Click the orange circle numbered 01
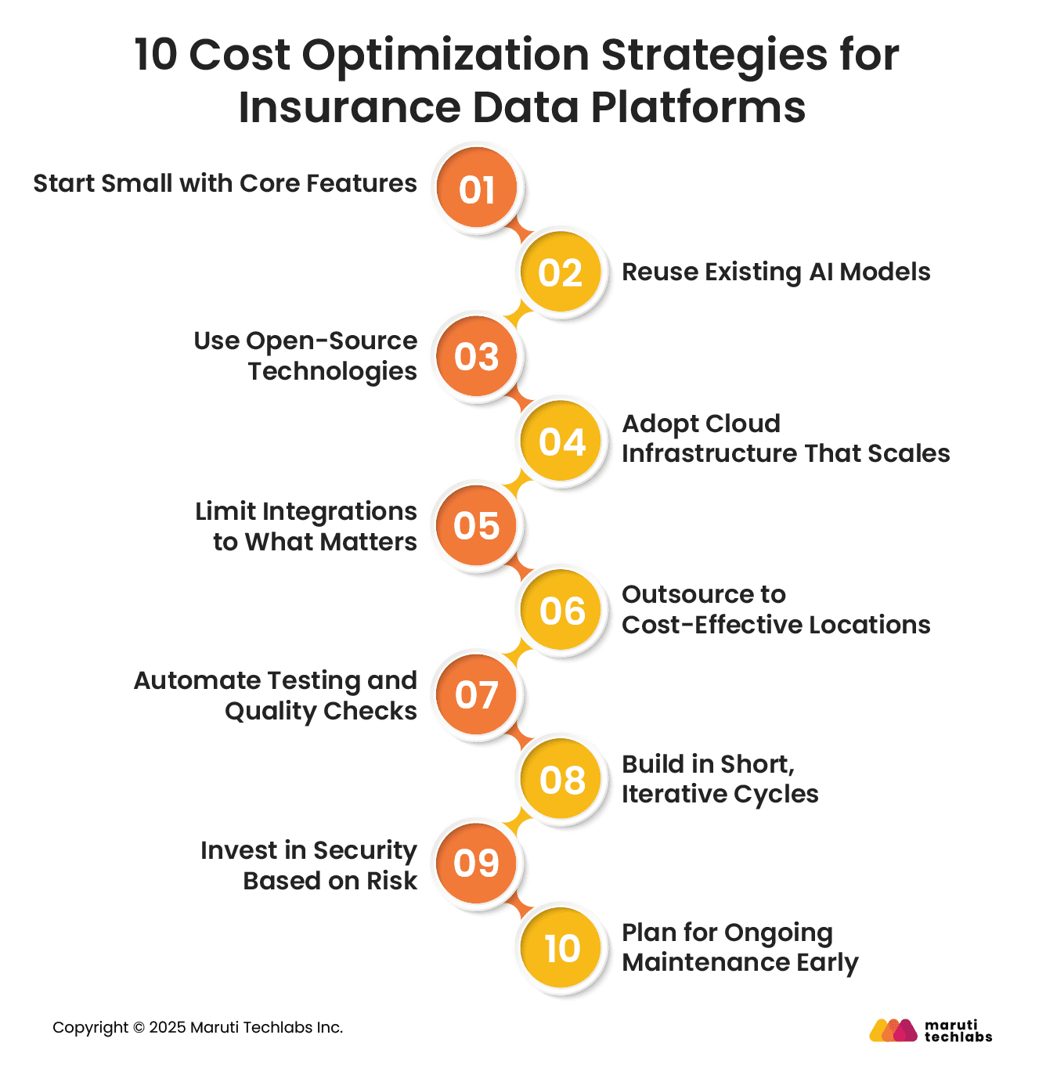[477, 189]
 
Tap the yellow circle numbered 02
[561, 272]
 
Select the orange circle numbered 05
[477, 525]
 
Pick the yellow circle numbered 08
[561, 779]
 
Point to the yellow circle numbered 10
[561, 949]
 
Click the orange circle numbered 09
[477, 864]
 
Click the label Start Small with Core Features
[225, 183]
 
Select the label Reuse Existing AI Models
[776, 272]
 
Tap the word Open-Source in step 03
[331, 341]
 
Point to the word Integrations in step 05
[339, 511]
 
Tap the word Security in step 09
[364, 850]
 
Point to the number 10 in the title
[157, 56]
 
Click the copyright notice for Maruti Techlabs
[197, 1027]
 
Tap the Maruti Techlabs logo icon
[893, 1030]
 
